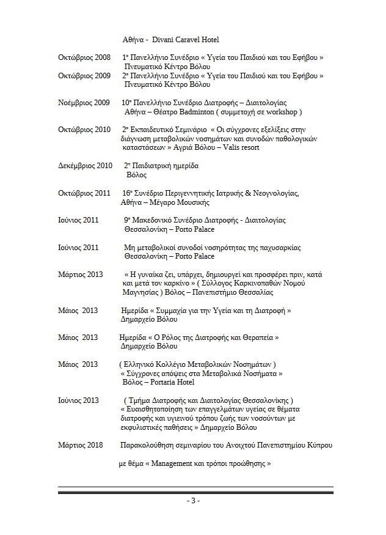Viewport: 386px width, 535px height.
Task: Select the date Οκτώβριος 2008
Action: pos(84,57)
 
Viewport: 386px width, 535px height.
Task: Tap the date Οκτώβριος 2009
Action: pos(84,76)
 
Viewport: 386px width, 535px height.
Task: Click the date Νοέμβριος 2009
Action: pos(84,103)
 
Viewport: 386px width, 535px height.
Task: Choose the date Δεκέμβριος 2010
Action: pos(85,166)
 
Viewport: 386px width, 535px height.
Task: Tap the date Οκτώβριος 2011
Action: pos(84,193)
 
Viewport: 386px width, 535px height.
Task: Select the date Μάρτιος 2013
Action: pos(80,274)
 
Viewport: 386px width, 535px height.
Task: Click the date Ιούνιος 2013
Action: pos(78,400)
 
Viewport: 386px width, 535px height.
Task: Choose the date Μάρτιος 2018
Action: pos(80,445)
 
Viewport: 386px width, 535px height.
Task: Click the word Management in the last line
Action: pos(174,464)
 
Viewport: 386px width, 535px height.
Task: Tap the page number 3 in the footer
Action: pos(193,501)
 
